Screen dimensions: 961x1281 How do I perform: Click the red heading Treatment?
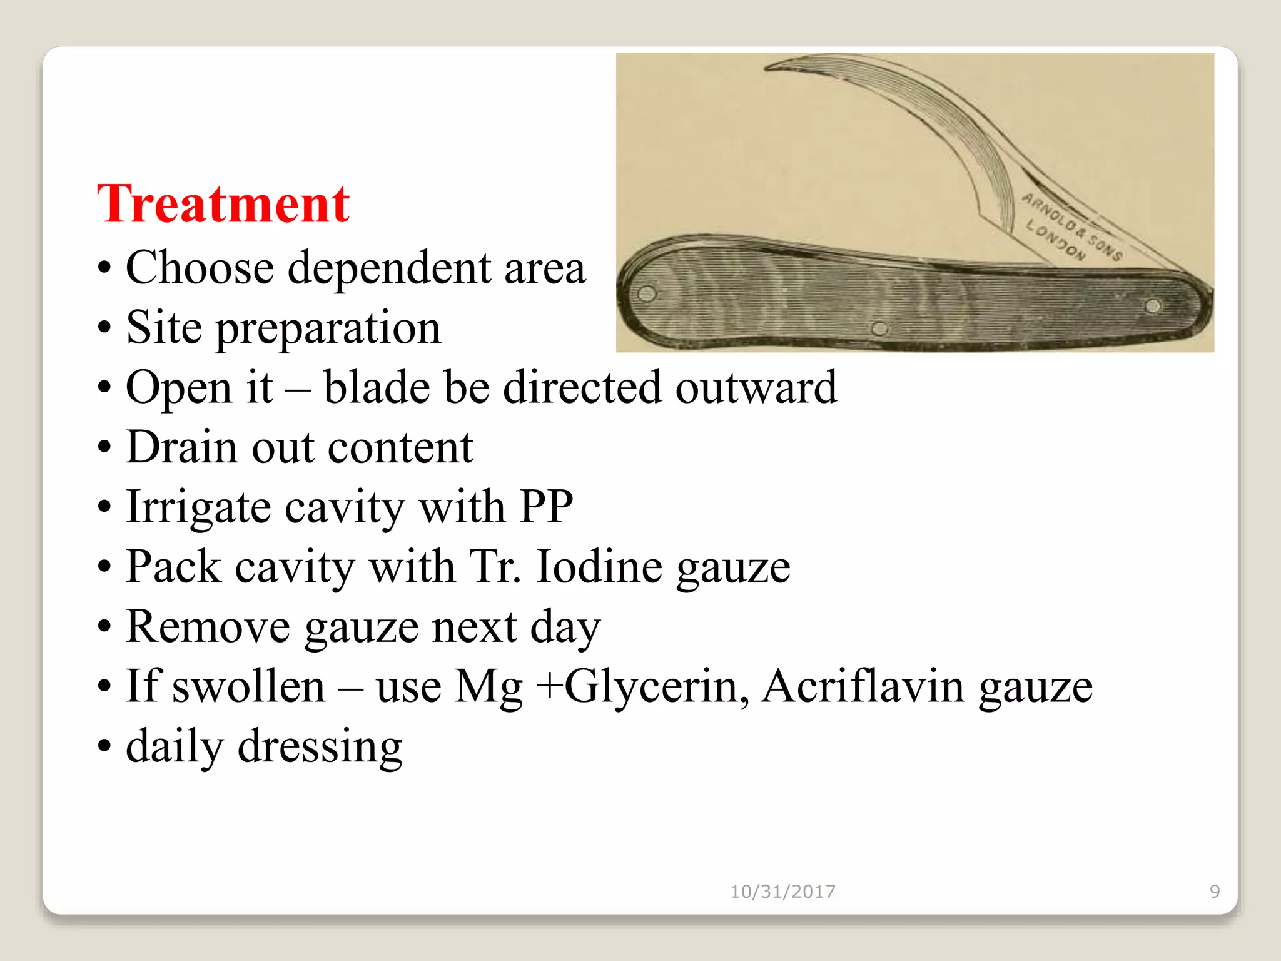tap(223, 204)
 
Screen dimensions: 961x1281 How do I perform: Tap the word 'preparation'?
tap(328, 328)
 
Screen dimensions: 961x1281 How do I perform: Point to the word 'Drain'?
tap(182, 447)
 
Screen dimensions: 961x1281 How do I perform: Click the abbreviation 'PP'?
tap(545, 507)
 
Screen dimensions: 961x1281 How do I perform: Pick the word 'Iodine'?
tap(599, 567)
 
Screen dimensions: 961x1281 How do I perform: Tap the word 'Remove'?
tap(208, 626)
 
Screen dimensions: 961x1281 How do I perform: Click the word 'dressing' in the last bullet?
tap(320, 746)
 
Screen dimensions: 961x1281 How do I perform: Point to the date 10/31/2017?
tap(782, 891)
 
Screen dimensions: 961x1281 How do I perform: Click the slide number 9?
tap(1214, 891)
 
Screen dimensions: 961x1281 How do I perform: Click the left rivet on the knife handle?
tap(647, 293)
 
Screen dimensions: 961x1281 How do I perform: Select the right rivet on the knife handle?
tap(1153, 306)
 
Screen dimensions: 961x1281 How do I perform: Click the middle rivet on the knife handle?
tap(879, 327)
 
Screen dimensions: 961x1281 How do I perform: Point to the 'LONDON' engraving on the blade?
tap(1056, 242)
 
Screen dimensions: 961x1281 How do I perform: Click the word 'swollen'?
tap(248, 686)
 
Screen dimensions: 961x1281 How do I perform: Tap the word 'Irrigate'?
tap(198, 507)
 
